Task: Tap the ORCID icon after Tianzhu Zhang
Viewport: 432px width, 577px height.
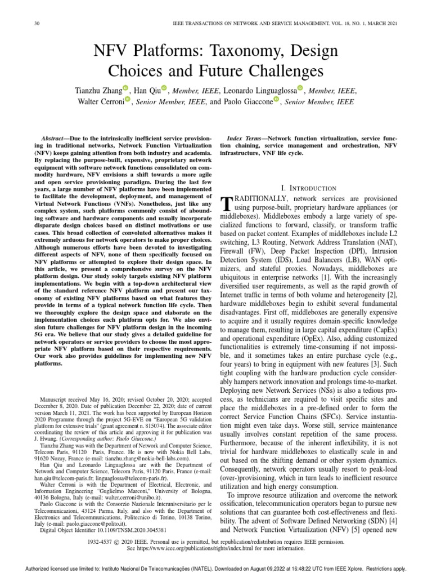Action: tap(125, 88)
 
